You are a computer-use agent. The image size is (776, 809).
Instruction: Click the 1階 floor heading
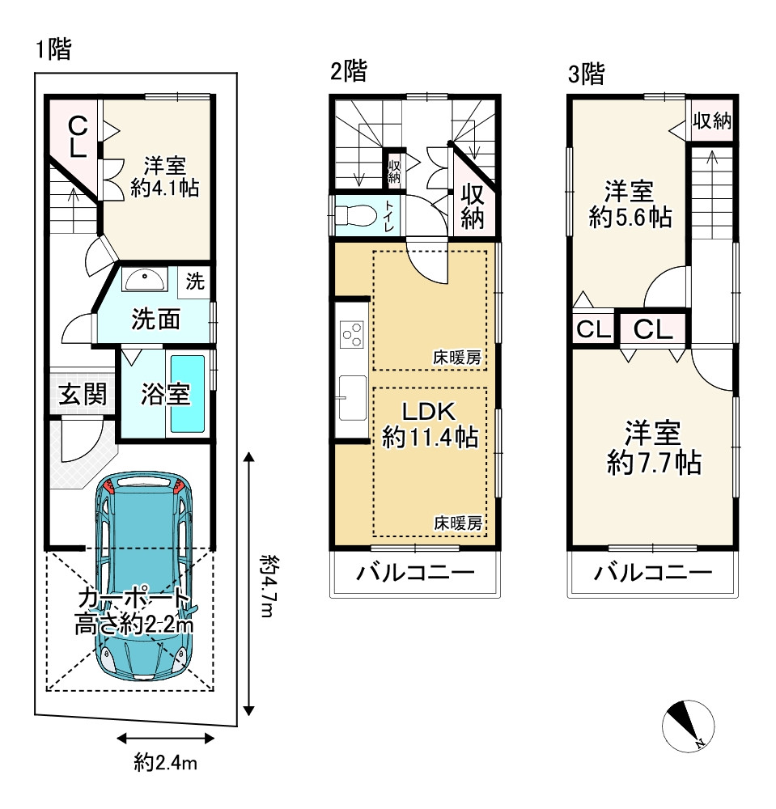pyautogui.click(x=53, y=49)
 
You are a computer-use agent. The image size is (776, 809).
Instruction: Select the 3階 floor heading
pyautogui.click(x=586, y=74)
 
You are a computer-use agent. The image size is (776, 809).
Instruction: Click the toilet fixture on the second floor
pyautogui.click(x=355, y=216)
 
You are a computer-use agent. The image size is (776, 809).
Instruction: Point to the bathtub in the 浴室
pyautogui.click(x=187, y=393)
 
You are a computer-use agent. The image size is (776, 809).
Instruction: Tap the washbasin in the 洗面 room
pyautogui.click(x=145, y=281)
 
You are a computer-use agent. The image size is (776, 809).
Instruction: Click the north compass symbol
pyautogui.click(x=688, y=726)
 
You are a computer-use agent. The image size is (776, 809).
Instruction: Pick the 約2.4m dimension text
pyautogui.click(x=166, y=762)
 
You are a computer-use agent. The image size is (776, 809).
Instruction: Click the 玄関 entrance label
pyautogui.click(x=83, y=394)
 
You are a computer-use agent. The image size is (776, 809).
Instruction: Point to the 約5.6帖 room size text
pyautogui.click(x=630, y=217)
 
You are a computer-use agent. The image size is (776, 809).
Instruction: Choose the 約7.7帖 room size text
pyautogui.click(x=655, y=462)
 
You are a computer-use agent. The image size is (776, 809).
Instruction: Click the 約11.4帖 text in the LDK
pyautogui.click(x=430, y=438)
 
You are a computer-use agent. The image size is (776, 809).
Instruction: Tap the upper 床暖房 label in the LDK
pyautogui.click(x=457, y=358)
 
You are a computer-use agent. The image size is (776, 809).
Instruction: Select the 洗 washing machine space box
pyautogui.click(x=194, y=282)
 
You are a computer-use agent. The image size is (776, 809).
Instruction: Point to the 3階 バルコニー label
pyautogui.click(x=653, y=573)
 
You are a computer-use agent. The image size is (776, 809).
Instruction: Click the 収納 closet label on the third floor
pyautogui.click(x=712, y=121)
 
